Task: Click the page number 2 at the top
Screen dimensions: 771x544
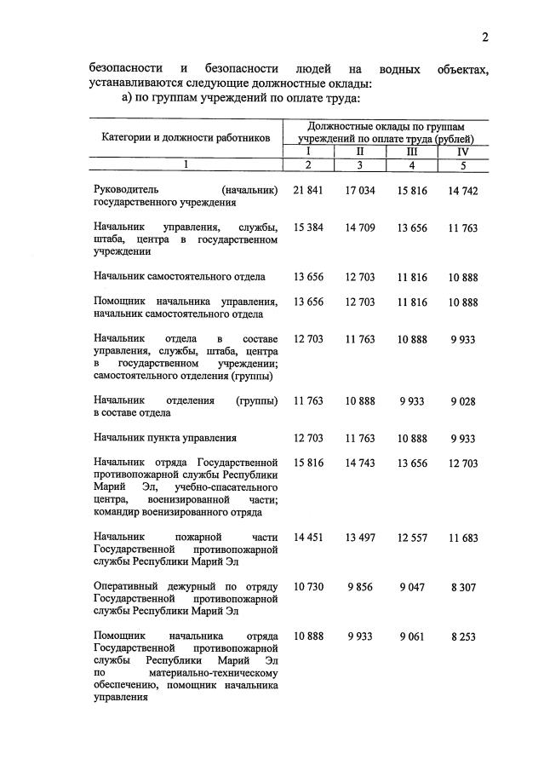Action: click(484, 37)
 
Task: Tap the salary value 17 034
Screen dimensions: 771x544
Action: click(360, 191)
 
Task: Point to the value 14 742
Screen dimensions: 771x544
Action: click(463, 191)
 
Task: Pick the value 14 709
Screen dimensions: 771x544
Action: click(360, 227)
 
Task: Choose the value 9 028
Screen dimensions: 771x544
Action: click(463, 400)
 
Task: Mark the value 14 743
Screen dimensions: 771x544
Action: click(360, 463)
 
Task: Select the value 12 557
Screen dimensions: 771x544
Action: click(412, 538)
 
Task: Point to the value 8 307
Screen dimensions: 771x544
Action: click(463, 587)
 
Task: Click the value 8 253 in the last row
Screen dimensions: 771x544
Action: click(463, 636)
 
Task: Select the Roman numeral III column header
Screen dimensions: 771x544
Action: click(412, 152)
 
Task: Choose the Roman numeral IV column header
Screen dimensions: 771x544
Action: click(463, 152)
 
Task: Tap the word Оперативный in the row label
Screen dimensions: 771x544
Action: click(127, 587)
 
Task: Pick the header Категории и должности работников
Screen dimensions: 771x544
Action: click(186, 136)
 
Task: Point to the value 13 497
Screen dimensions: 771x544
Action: click(360, 538)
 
